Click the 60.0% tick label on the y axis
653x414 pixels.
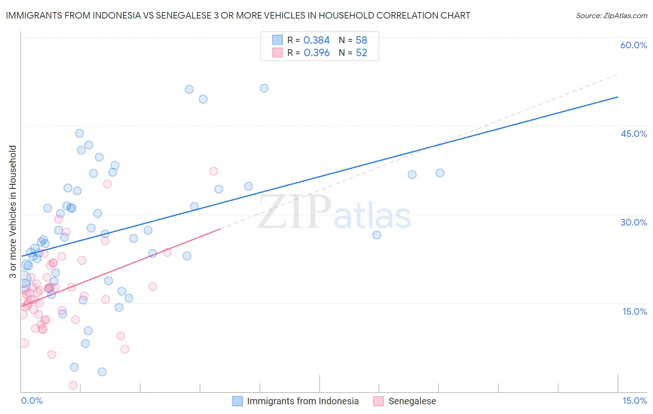click(633, 45)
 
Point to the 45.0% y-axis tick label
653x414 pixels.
click(633, 134)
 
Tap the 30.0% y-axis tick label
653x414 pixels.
click(633, 222)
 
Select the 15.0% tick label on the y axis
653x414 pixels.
click(634, 311)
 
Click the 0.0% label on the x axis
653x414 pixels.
click(32, 401)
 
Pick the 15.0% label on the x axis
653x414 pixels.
click(634, 401)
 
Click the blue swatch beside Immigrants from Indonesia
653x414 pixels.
click(237, 401)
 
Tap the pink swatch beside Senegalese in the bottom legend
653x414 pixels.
click(379, 401)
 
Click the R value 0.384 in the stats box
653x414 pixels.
click(316, 40)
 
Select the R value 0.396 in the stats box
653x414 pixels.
click(316, 53)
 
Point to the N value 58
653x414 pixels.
click(361, 40)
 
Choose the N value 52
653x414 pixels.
click(361, 53)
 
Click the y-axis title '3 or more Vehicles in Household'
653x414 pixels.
click(13, 212)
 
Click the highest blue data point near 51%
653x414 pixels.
click(264, 88)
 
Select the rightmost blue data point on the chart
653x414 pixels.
click(440, 173)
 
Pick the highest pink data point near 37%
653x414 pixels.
click(214, 171)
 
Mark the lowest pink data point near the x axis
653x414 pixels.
click(73, 385)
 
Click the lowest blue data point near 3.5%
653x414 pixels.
click(102, 372)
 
